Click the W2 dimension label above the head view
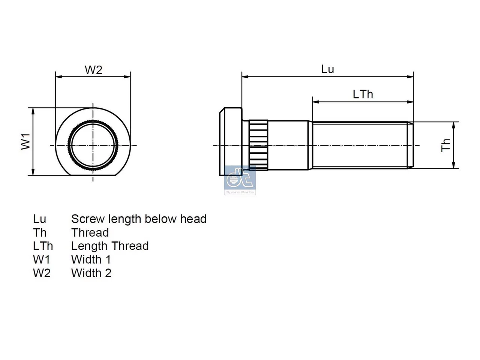93,70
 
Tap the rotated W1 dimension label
25,142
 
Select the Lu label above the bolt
327,69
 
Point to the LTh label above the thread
363,94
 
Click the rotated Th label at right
445,145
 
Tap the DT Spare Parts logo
240,180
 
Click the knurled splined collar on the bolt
258,145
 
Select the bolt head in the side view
231,142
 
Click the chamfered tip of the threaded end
410,145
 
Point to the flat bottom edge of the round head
93,175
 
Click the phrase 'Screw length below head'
139,219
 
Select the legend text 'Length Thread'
110,246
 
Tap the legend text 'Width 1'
91,259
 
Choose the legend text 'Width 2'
91,273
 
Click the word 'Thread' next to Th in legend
90,232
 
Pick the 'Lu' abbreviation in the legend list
40,219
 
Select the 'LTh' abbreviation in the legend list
43,246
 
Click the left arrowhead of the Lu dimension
245,77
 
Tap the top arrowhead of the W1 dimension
33,111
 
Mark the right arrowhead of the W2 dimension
127,77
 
